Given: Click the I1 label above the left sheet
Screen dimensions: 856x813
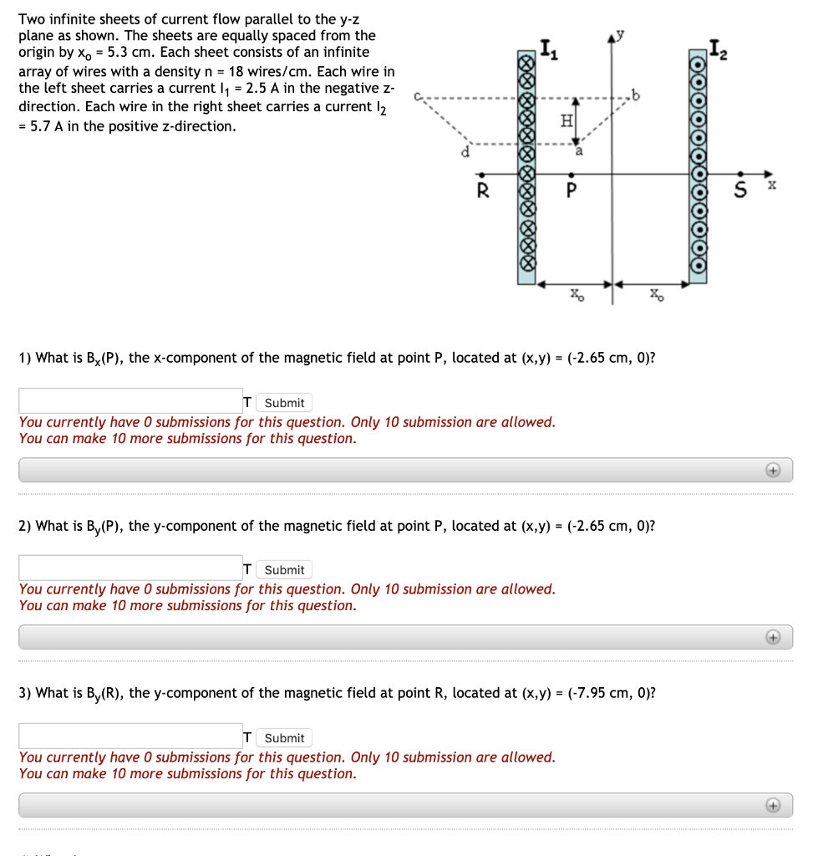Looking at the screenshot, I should tap(545, 51).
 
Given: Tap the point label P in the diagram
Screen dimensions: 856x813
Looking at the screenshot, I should tap(572, 190).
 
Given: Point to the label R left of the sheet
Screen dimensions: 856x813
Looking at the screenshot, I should tap(480, 190).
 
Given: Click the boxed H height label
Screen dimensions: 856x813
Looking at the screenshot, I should tap(566, 121).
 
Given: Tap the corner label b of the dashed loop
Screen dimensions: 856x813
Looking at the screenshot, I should tap(640, 94).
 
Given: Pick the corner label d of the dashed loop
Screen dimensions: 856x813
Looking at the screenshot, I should tap(468, 152).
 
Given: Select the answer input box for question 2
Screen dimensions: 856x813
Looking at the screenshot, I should tap(130, 568).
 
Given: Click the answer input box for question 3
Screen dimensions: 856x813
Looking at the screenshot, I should tap(130, 736).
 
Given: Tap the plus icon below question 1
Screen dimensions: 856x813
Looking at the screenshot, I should tap(774, 471).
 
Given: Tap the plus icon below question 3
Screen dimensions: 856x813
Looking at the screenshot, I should tap(774, 806).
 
